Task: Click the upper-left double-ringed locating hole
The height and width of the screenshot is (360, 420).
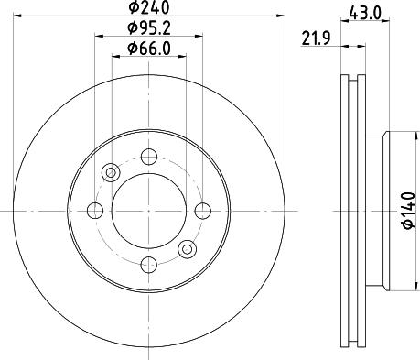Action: tap(112, 172)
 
